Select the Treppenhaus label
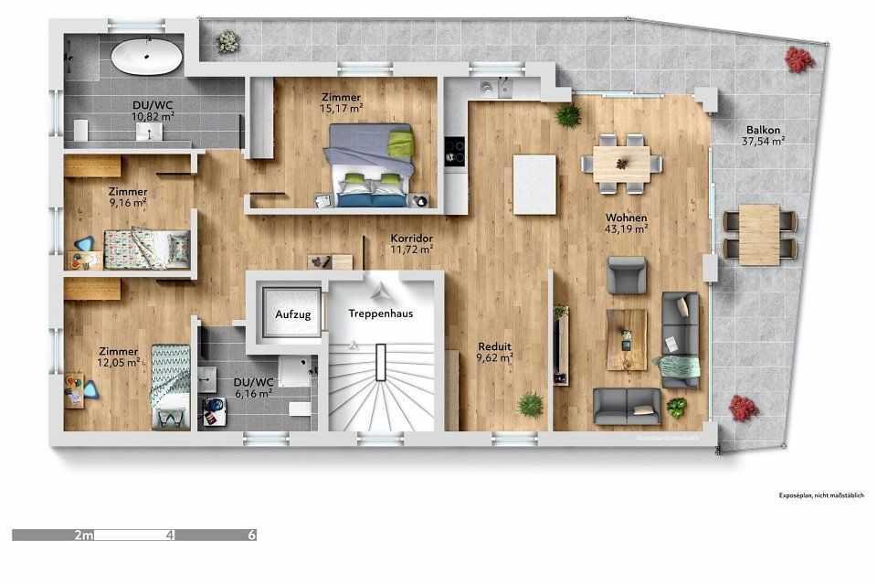380,313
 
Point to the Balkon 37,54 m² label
765,135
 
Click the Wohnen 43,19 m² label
627,223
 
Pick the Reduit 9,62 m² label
495,352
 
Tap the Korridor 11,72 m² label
411,241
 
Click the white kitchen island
535,175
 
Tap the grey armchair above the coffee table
627,275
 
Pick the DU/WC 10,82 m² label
154,111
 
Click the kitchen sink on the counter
489,89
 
